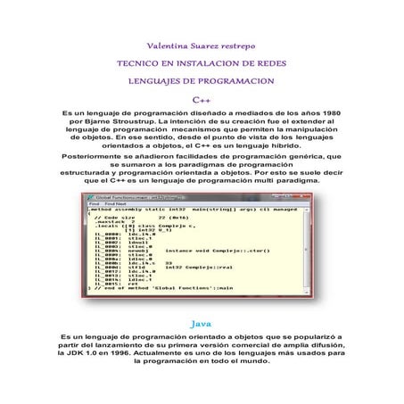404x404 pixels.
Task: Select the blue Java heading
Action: point(202,317)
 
